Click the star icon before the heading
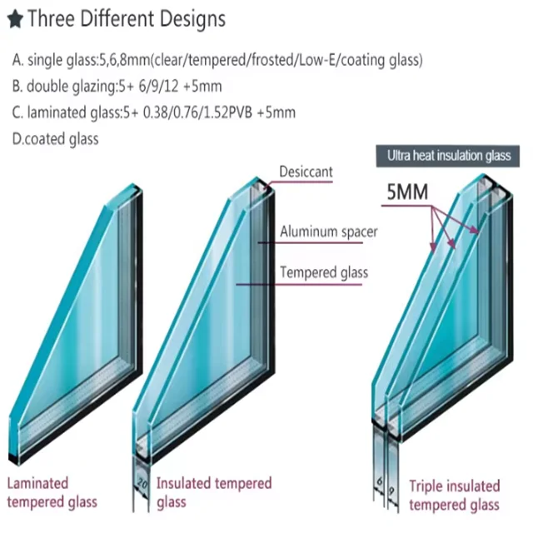[x=14, y=17]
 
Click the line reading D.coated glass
[x=55, y=139]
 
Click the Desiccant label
[x=306, y=172]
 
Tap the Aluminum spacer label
[x=328, y=232]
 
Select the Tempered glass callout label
[x=324, y=272]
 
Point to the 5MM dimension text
[x=407, y=193]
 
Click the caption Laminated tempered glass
[x=52, y=492]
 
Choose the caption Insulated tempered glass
[x=213, y=492]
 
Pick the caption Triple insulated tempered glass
[x=454, y=495]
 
